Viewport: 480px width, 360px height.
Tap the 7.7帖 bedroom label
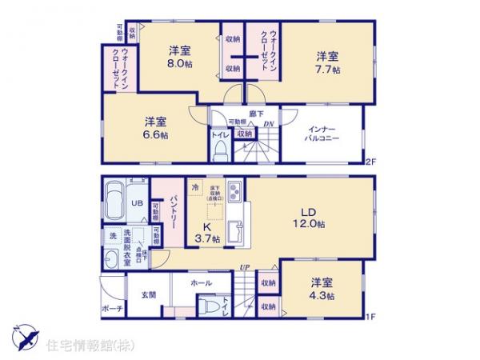click(x=326, y=63)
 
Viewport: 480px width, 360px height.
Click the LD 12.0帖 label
click(x=308, y=217)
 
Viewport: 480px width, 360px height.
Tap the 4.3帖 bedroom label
click(x=322, y=289)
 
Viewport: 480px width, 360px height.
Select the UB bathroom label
click(x=137, y=204)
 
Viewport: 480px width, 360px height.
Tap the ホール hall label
click(x=201, y=283)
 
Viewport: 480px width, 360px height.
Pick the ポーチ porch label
click(x=111, y=307)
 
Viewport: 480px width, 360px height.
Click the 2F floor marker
click(x=370, y=163)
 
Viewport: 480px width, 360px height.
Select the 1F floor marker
click(x=370, y=316)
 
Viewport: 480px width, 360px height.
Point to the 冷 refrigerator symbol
click(x=194, y=187)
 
